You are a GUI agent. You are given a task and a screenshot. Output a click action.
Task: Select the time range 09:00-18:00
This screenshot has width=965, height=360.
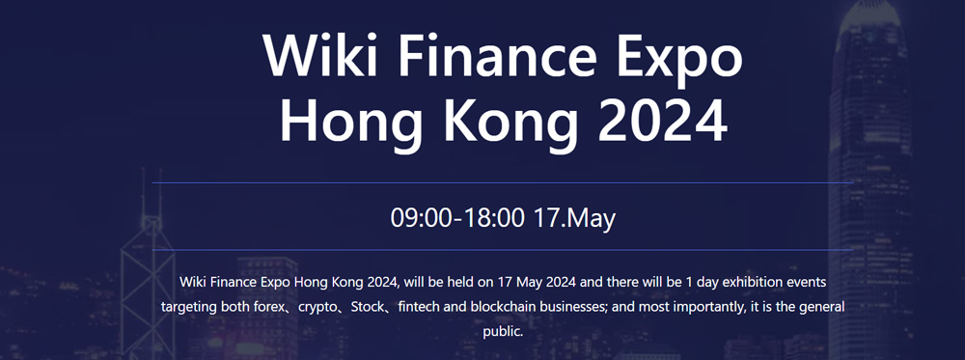(457, 218)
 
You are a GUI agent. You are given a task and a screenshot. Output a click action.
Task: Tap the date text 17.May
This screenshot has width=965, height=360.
(573, 220)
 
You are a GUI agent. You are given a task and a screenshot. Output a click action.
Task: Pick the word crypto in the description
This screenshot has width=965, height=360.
(317, 308)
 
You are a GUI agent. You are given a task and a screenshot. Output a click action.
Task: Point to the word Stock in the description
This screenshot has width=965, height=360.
(367, 307)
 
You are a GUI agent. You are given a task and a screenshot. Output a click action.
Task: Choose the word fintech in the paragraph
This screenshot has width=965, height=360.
(419, 307)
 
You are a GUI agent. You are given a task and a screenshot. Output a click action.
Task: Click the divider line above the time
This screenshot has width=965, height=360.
(502, 182)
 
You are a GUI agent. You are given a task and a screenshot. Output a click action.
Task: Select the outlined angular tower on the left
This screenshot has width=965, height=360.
(148, 271)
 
